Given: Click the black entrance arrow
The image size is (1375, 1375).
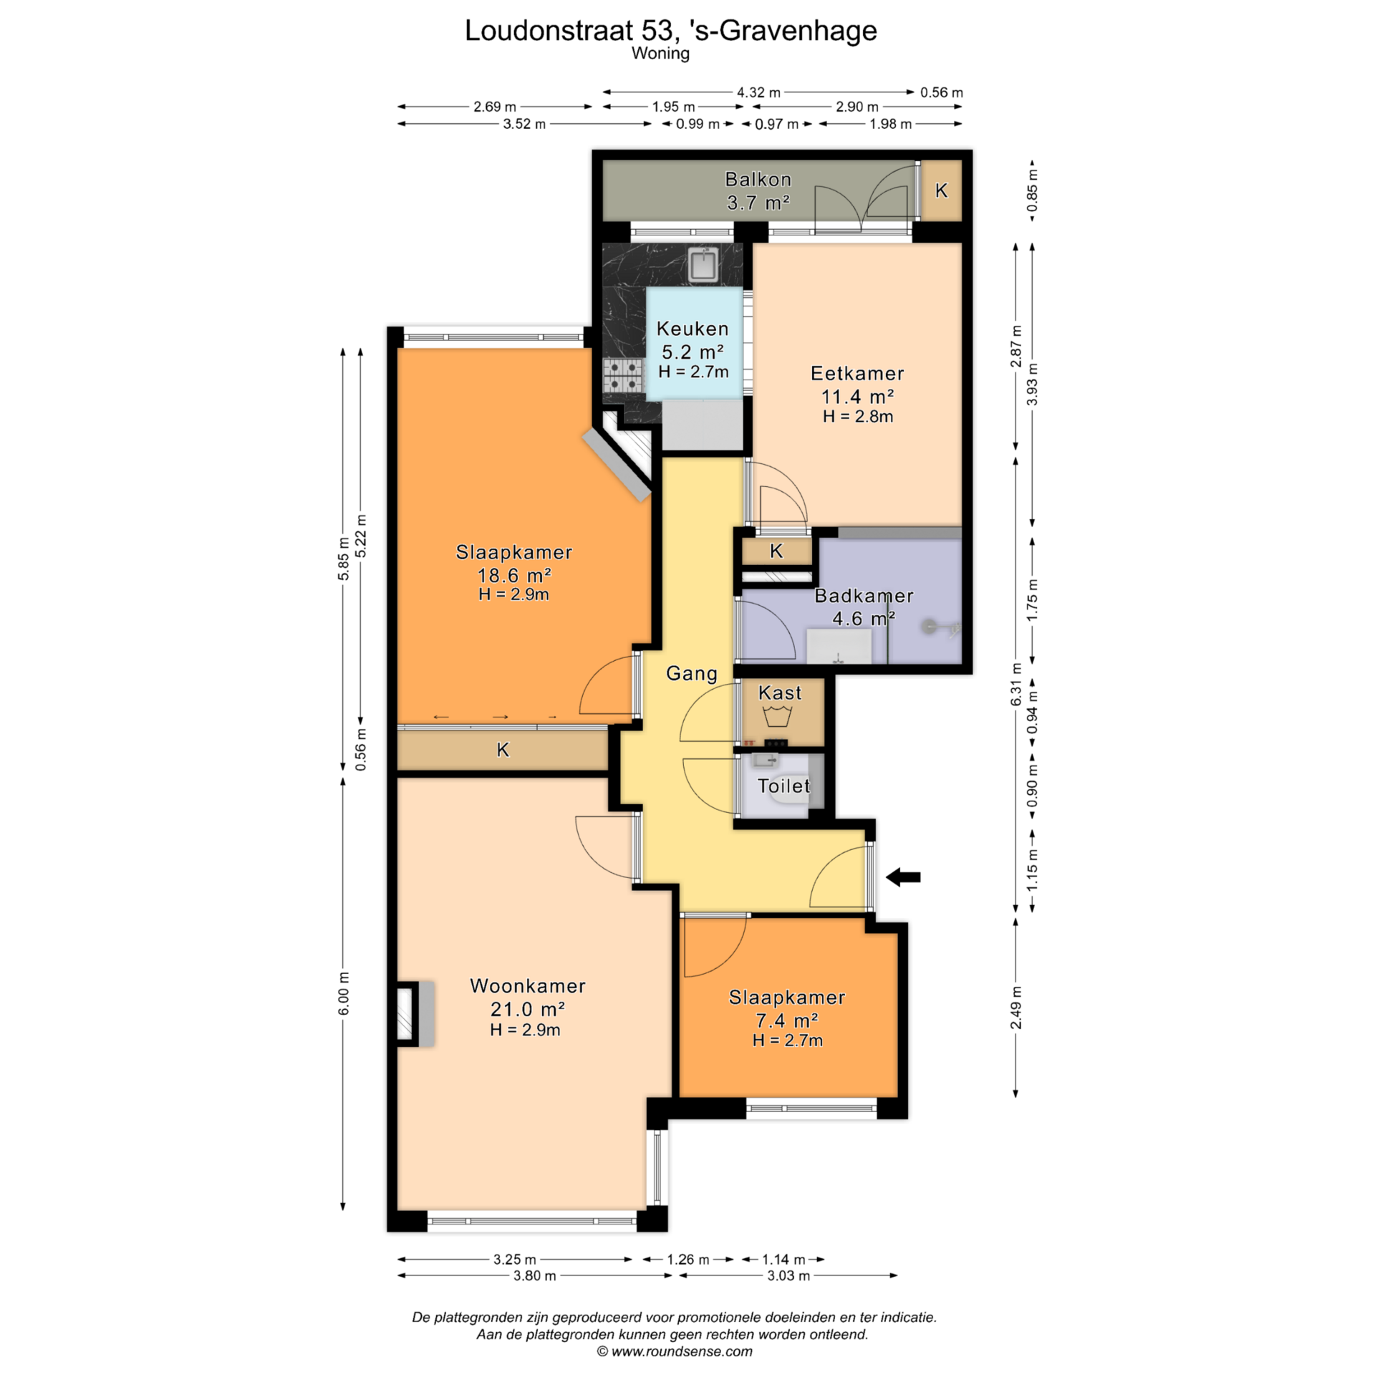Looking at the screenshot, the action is point(903,877).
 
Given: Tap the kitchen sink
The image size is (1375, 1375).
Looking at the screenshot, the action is point(704,264).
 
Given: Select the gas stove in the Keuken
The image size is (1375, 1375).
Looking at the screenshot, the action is point(623,376).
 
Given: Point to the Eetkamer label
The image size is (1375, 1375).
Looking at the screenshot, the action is point(857,373).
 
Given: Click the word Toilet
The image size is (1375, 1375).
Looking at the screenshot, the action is point(784,786).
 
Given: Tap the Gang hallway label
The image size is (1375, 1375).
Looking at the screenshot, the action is point(692,674).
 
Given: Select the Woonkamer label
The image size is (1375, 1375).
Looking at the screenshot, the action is point(528,985).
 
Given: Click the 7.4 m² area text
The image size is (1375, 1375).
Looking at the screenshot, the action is point(787,1020).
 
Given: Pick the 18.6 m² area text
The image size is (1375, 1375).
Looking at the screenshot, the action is point(514,575).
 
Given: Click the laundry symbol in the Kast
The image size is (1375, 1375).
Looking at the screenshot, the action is point(777,715).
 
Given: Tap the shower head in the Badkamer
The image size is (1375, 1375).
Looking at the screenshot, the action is point(930,627).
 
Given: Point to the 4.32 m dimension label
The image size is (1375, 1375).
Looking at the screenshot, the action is point(759,92).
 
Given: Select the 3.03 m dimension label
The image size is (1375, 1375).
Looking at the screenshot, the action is point(788,1275).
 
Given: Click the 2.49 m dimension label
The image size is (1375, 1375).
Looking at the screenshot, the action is point(1016,1008).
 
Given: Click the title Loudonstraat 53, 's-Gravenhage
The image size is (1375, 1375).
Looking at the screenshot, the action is point(671,30).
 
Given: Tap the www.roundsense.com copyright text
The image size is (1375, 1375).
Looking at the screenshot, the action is point(675,1351).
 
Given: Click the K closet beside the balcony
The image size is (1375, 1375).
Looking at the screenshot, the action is point(941,190).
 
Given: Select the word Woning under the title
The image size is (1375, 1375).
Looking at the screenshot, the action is point(660,54).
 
